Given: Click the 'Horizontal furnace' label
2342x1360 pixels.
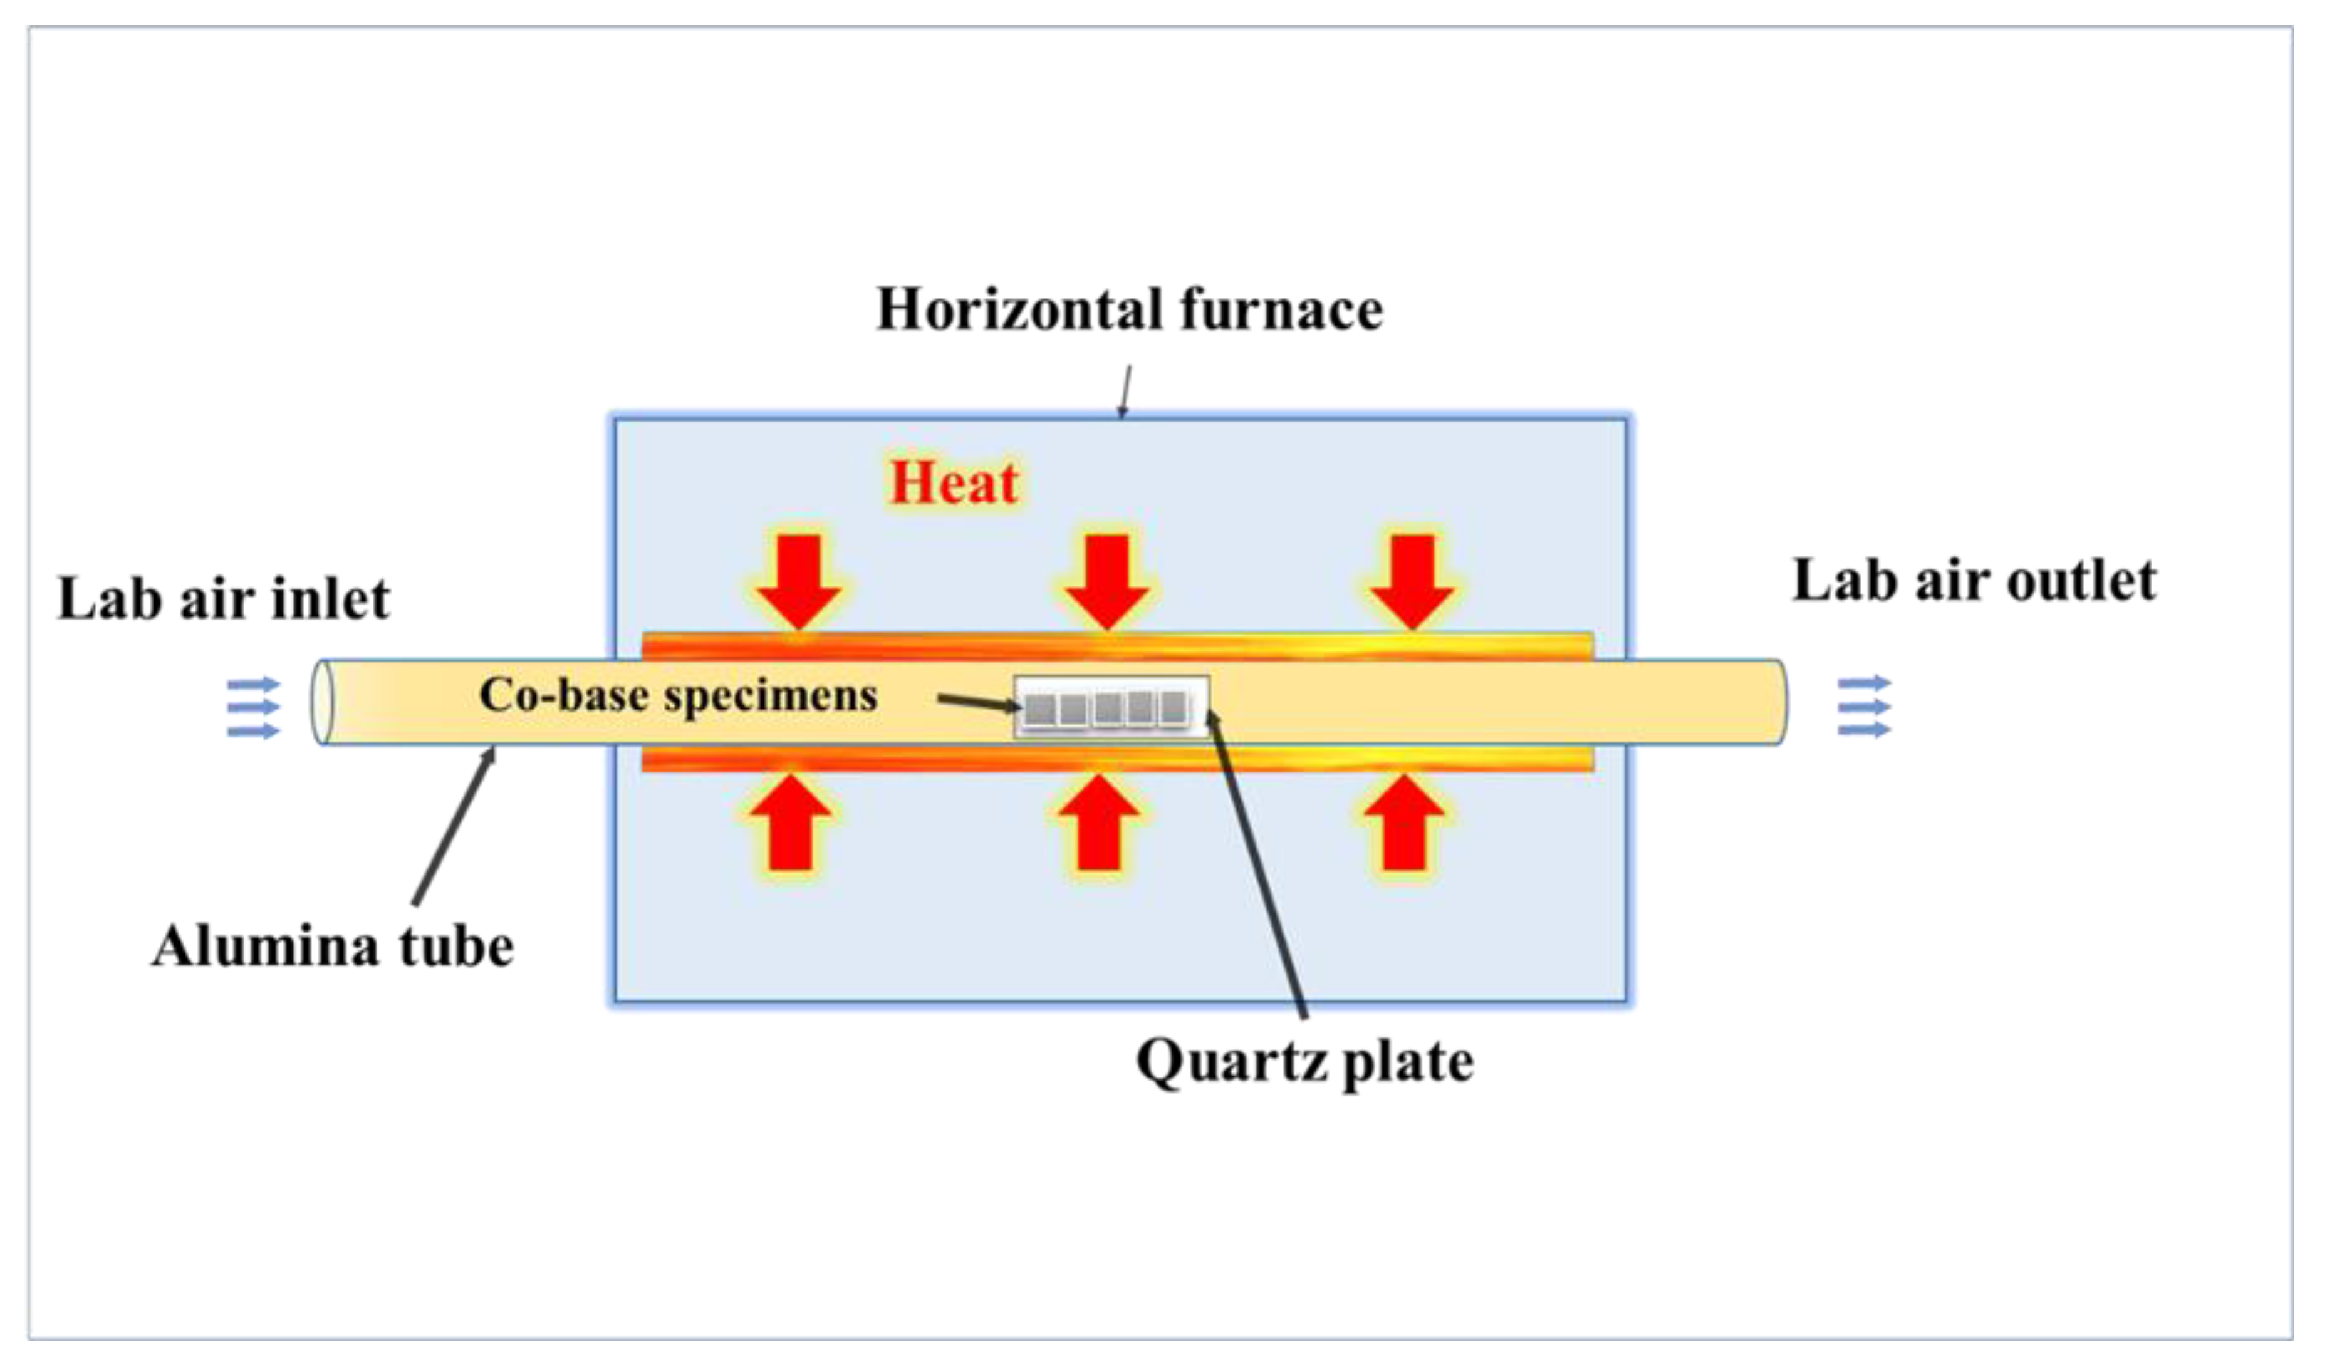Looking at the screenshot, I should click(1129, 309).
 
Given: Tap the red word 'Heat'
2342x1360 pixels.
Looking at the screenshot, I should click(954, 483).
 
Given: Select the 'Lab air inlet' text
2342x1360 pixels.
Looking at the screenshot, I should click(223, 598).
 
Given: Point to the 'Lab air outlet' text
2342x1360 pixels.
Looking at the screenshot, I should click(1974, 581).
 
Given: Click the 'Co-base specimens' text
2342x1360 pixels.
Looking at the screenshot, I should click(677, 695).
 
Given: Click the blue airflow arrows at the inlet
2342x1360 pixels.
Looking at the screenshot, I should click(252, 708).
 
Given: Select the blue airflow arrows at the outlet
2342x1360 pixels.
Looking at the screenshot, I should click(1865, 707).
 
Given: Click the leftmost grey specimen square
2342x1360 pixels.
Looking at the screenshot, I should click(1040, 710).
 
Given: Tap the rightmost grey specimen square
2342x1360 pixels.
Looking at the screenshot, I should click(1174, 709).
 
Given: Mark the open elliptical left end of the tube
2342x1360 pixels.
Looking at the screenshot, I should click(321, 702).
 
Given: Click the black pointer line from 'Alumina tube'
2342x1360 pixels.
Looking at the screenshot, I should click(454, 827).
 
